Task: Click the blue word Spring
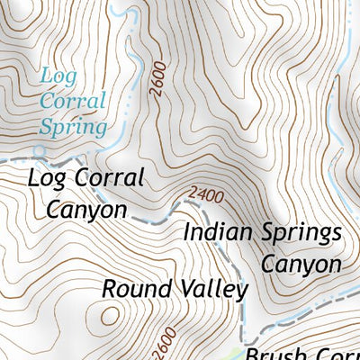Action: (x=72, y=126)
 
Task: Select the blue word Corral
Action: (x=72, y=101)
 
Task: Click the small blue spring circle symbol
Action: (x=40, y=149)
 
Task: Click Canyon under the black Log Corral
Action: (x=85, y=210)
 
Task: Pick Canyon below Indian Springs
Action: (x=301, y=265)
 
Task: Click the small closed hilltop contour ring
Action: (x=110, y=316)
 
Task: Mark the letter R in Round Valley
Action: (x=109, y=289)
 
